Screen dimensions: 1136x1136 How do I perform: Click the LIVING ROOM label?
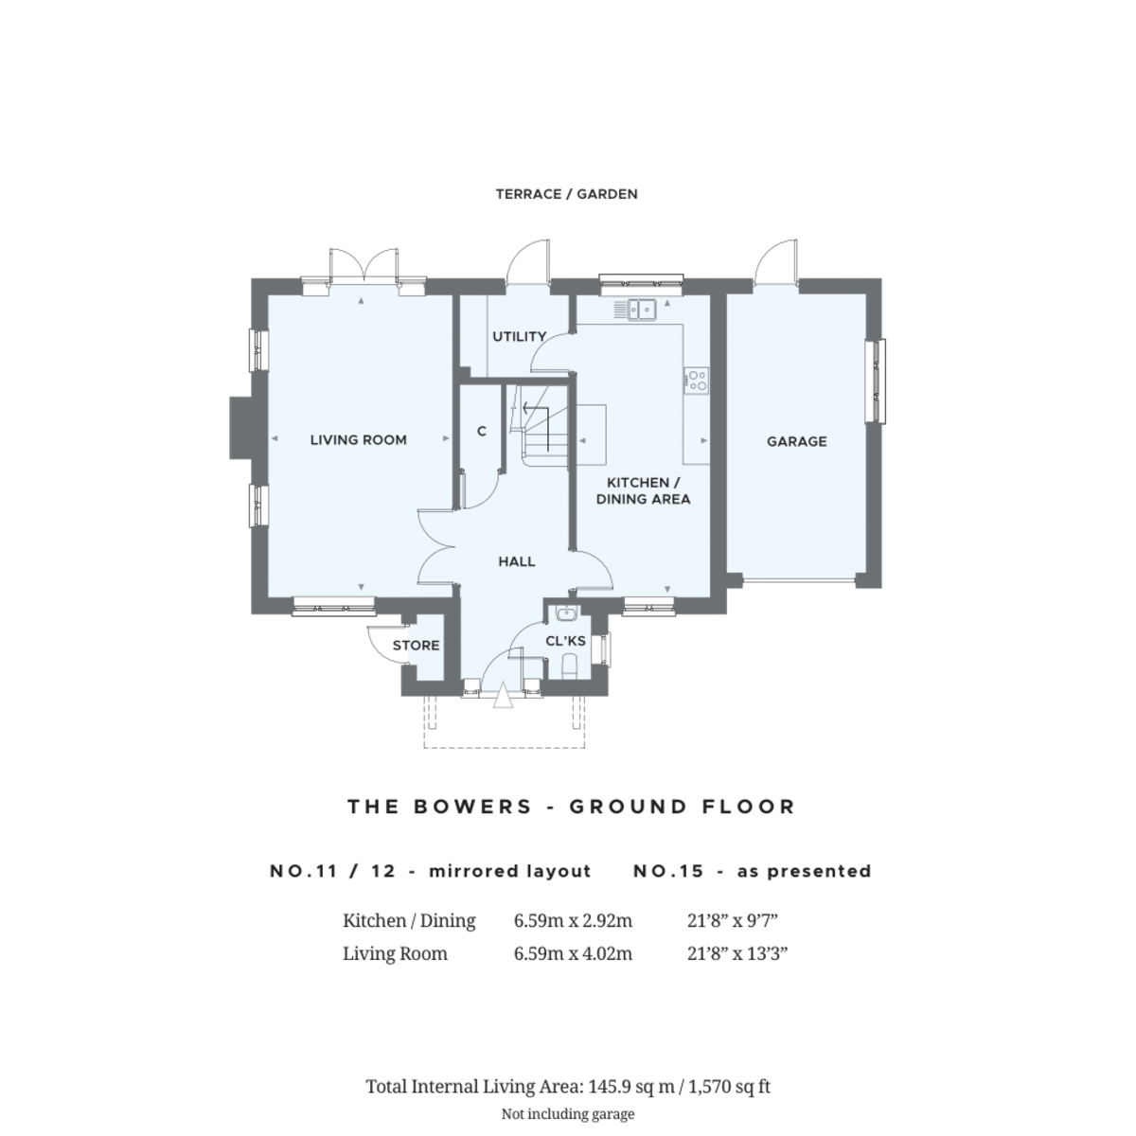tap(358, 439)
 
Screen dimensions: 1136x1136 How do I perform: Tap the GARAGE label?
tap(796, 441)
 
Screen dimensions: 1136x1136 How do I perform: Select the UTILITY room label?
tap(519, 336)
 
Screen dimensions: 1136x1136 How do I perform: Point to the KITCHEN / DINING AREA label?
tap(643, 490)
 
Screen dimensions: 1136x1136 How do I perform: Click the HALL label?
tap(517, 561)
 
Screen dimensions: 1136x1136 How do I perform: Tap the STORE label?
tap(417, 646)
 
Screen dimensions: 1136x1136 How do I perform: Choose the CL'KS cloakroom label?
tap(566, 641)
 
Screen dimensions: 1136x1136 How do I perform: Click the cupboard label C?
tap(481, 432)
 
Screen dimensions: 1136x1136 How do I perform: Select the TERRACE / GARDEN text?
tap(566, 194)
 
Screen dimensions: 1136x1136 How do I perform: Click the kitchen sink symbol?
tap(641, 309)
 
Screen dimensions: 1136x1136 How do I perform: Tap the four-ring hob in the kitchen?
tap(697, 380)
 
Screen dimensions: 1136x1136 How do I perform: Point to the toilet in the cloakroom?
tap(569, 668)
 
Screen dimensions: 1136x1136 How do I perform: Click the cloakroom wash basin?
tap(567, 612)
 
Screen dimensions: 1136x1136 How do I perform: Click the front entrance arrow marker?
tap(503, 698)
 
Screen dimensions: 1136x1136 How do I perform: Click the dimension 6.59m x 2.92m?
tap(573, 920)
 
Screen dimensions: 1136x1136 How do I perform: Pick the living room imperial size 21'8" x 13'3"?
tap(737, 953)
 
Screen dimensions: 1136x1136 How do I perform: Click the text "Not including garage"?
tap(567, 1114)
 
